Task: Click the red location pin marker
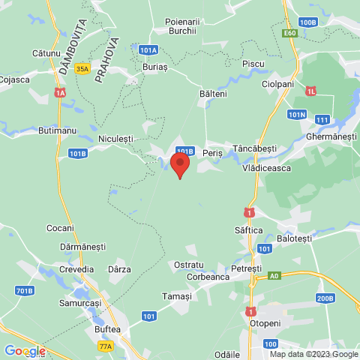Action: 179,164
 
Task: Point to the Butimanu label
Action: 57,130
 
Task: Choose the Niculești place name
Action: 115,139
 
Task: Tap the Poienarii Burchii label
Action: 175,26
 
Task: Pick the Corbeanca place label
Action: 202,277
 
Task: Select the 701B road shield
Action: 25,291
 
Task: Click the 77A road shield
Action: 106,346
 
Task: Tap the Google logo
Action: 25,351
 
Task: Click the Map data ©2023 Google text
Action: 313,355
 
